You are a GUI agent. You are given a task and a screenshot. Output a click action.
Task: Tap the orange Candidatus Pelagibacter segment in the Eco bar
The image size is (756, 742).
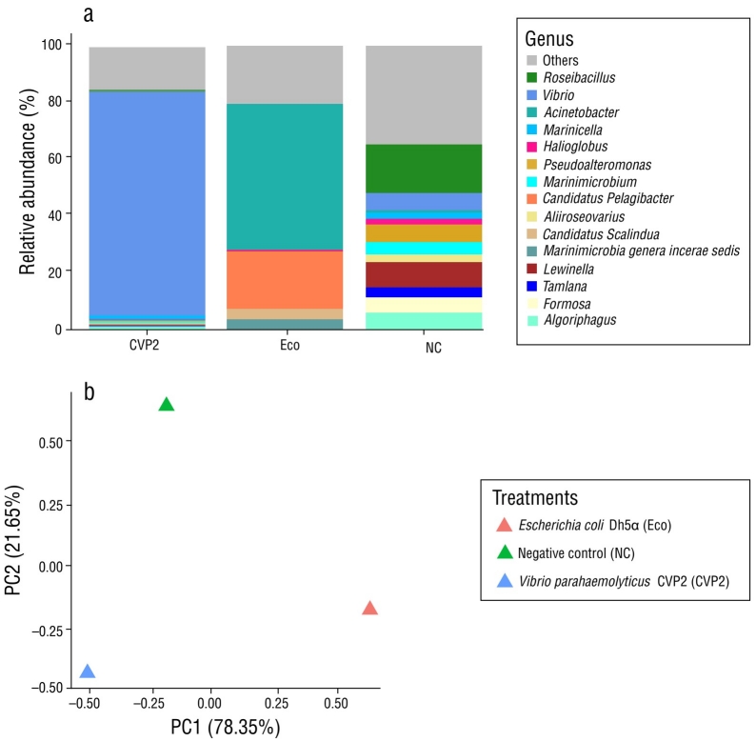(284, 279)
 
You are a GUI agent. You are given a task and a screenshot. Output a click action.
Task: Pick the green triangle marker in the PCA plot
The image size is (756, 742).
(167, 405)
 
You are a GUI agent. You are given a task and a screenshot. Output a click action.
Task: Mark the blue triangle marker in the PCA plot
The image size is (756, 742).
(89, 672)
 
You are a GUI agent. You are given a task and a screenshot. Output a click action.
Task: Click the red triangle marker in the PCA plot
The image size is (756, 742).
(370, 609)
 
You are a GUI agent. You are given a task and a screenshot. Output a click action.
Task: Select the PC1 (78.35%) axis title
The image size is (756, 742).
(225, 729)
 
